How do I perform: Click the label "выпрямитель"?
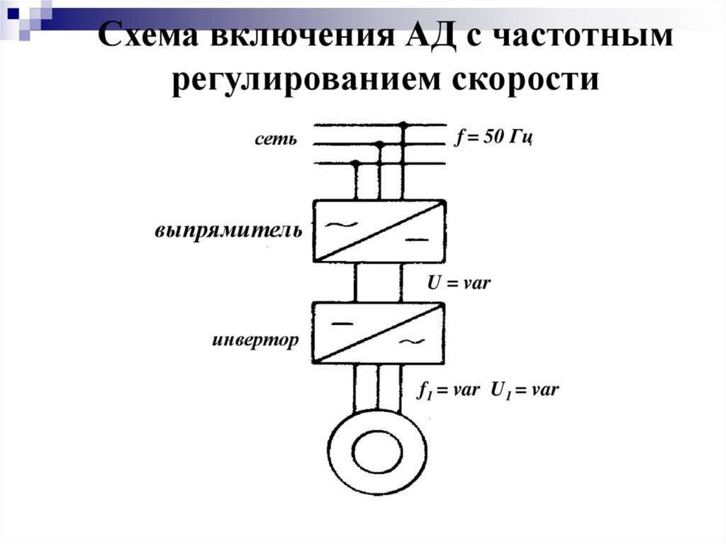pos(228,231)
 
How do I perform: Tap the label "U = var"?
pos(459,282)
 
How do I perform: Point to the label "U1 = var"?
pos(525,390)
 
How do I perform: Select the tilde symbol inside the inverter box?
pos(411,343)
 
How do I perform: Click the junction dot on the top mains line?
pos(403,126)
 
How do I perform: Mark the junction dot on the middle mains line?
pos(379,145)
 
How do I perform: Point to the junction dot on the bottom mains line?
pos(356,163)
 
